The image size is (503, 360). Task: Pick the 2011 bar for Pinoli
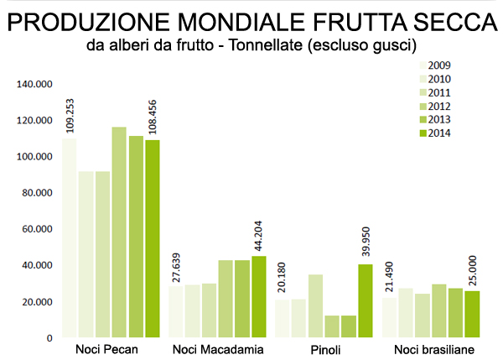coord(315,306)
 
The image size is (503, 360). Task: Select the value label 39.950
coord(365,237)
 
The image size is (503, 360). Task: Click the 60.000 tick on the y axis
coord(37,229)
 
